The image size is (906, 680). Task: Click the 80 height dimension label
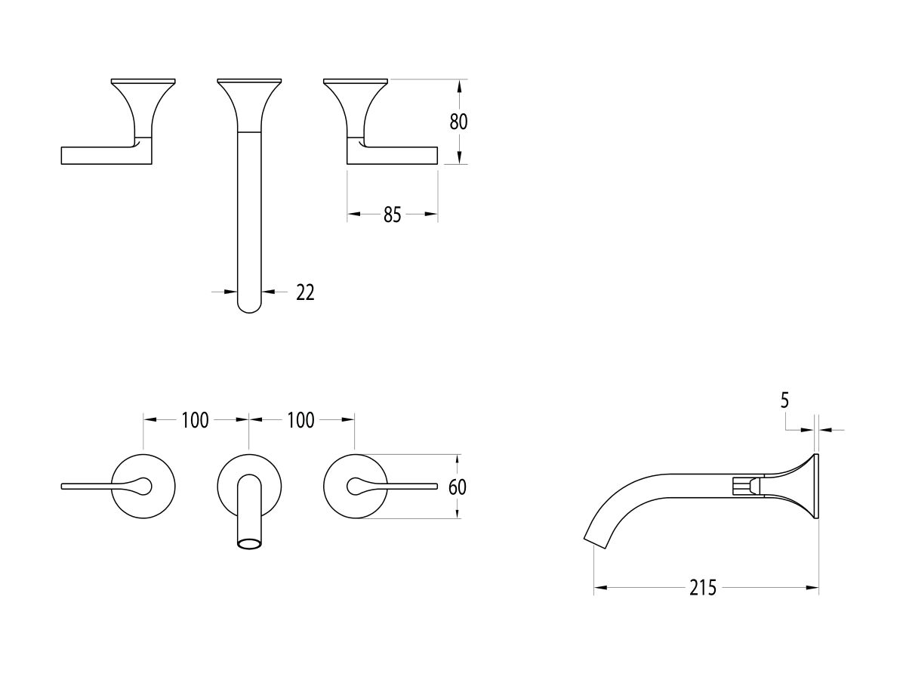coord(459,122)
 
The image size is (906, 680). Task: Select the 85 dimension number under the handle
coord(391,215)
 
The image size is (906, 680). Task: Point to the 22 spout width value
coord(305,292)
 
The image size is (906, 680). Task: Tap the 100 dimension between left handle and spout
coord(195,421)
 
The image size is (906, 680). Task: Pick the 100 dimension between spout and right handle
coord(300,421)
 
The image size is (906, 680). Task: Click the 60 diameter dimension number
coord(458,487)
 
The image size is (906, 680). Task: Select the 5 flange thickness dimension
coord(784,401)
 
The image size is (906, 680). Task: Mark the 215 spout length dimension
coord(702,588)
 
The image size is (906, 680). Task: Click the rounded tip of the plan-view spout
coord(249,307)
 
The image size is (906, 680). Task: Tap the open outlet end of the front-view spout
coord(249,543)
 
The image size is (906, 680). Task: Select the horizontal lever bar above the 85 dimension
coord(393,155)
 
